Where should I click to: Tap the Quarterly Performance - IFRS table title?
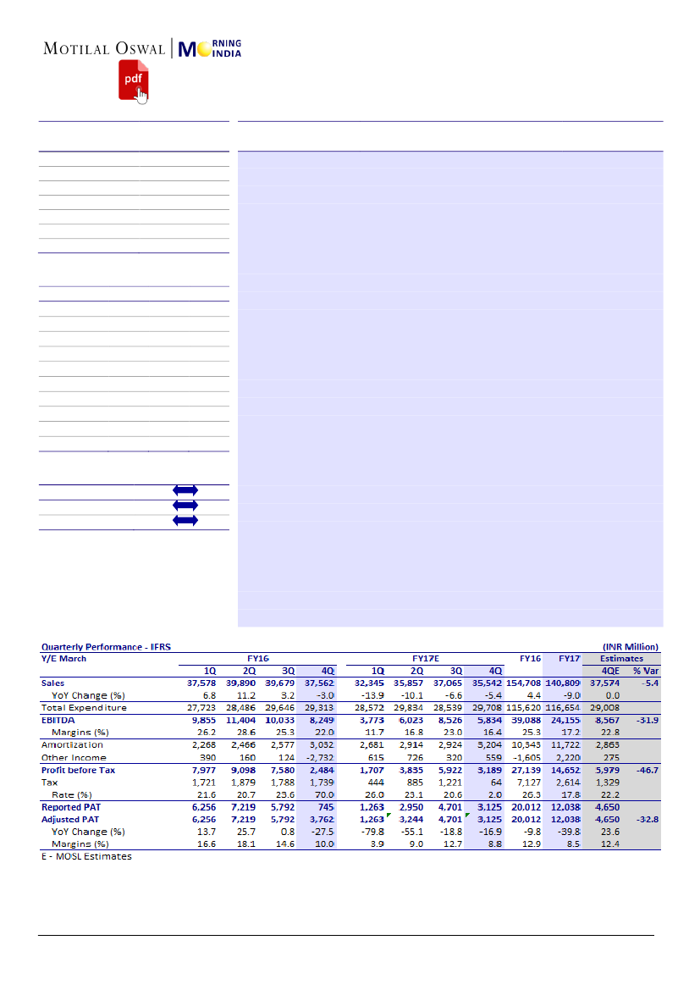106,647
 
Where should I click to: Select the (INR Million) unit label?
631,647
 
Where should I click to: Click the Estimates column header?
620,658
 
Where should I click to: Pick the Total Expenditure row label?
84,707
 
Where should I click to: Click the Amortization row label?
74,745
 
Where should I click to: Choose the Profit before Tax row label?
78,771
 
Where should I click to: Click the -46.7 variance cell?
647,771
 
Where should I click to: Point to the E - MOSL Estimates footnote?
86,856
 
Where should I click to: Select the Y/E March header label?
63,658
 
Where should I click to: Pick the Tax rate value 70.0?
324,795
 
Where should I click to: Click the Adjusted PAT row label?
70,820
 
